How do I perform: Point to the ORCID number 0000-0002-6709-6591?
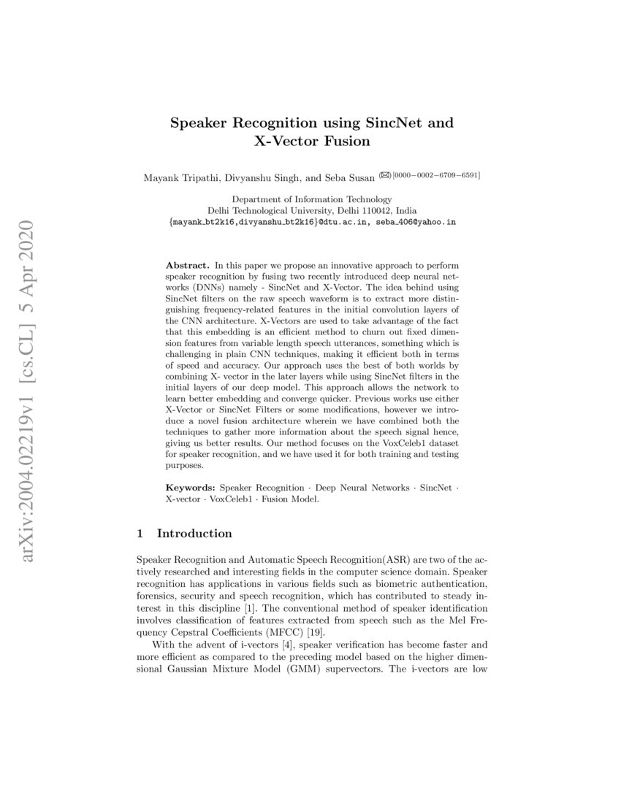tap(436, 175)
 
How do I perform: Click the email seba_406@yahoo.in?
tap(416, 221)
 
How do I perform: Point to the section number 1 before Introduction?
tap(140, 534)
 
